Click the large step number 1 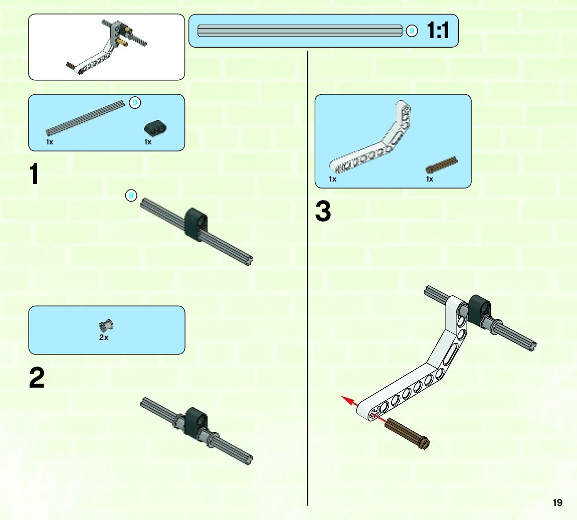click(x=34, y=175)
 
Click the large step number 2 click(x=37, y=378)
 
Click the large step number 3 click(x=323, y=212)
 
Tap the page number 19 click(x=557, y=502)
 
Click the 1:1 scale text click(x=438, y=31)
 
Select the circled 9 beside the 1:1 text click(x=412, y=31)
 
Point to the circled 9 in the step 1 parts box click(x=134, y=103)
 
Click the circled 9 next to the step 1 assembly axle click(x=131, y=196)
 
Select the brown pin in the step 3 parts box click(x=441, y=165)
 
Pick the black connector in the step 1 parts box click(x=155, y=128)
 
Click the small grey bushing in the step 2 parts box click(x=107, y=325)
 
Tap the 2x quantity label click(x=104, y=337)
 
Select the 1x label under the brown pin click(x=430, y=179)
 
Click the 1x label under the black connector click(x=148, y=142)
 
